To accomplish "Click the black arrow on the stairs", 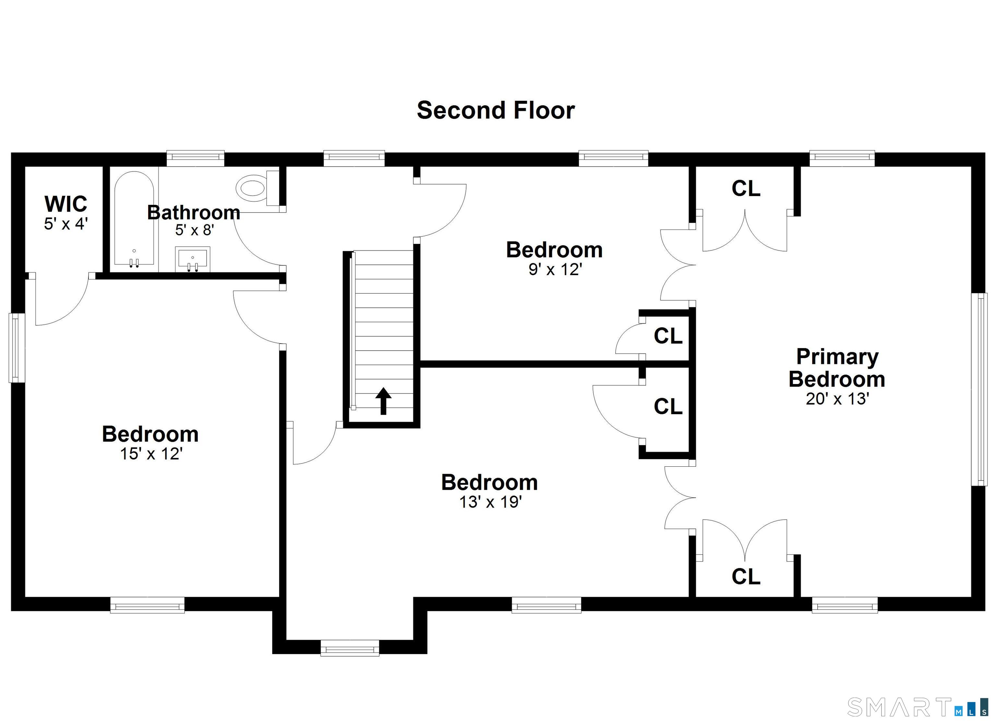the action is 383,401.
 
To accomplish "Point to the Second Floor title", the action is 495,110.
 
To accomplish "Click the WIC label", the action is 66,204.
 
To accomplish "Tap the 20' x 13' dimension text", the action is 837,399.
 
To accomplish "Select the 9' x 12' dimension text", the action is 555,269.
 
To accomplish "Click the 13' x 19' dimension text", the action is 490,502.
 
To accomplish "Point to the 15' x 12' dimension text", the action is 151,453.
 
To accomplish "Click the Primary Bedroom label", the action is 837,368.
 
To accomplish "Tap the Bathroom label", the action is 194,213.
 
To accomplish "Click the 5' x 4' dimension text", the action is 66,224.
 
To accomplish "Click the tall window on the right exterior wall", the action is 979,390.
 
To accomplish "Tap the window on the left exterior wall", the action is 17,347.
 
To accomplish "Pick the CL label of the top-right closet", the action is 746,189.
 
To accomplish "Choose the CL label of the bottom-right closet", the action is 746,577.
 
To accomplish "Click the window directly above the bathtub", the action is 196,158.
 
